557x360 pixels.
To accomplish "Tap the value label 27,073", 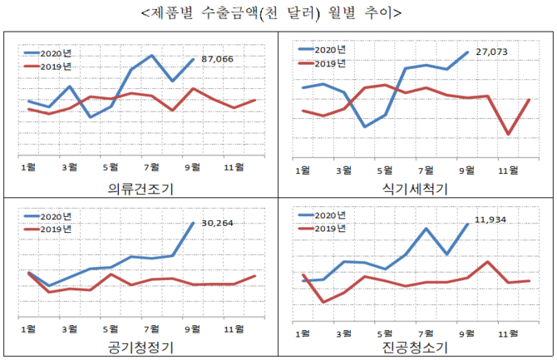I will [490, 52].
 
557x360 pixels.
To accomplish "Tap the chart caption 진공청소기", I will [415, 347].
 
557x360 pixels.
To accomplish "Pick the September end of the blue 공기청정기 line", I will [194, 223].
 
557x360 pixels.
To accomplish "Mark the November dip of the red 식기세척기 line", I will [508, 134].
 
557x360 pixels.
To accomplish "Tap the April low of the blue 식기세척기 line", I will [364, 126].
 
